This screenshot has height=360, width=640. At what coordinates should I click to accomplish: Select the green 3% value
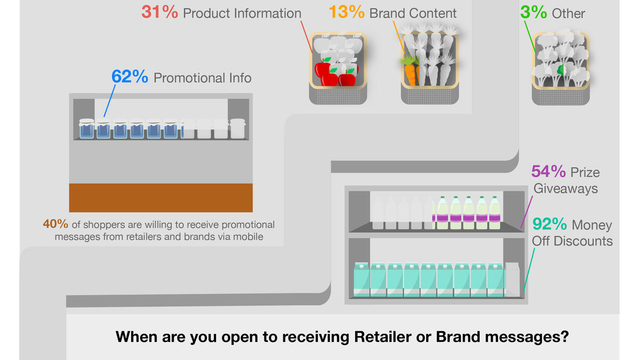pos(533,12)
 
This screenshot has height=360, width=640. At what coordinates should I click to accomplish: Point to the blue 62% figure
pos(130,76)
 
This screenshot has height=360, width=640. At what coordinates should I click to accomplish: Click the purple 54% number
pos(548,171)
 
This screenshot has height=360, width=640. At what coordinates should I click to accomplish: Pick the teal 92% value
pos(550,224)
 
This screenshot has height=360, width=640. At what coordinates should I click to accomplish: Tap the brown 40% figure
pos(55,224)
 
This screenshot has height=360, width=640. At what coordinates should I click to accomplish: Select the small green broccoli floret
pos(561,70)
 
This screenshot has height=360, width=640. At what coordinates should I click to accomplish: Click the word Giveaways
pos(565,189)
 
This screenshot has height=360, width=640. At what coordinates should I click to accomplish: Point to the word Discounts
pos(583,241)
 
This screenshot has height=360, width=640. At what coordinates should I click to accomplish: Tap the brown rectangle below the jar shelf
pos(161,198)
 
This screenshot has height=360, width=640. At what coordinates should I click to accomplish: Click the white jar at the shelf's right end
pos(238,129)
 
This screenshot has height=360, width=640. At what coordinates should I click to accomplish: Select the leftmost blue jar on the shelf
pos(86,129)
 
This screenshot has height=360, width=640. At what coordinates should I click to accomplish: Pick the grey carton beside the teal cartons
pos(513,279)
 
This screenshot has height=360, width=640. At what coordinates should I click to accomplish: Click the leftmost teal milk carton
pos(362,279)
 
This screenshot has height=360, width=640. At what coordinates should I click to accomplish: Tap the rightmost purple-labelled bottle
pos(494,213)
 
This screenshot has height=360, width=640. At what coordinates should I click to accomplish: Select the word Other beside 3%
pos(569,13)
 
